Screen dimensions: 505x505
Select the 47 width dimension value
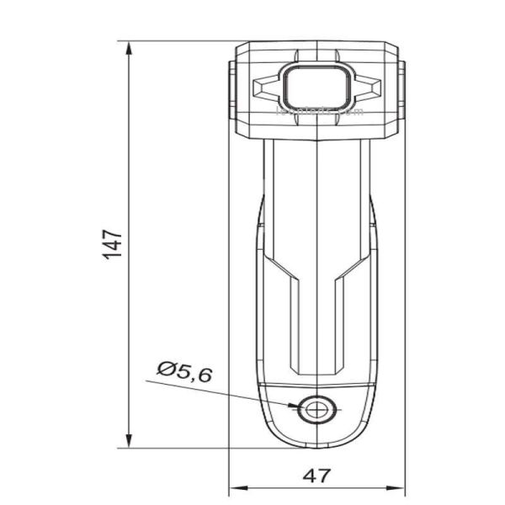tap(316, 476)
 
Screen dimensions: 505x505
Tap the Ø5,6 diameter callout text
tap(183, 371)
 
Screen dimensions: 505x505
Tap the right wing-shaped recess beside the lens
tap(368, 85)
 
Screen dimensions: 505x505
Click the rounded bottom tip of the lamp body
tap(316, 445)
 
